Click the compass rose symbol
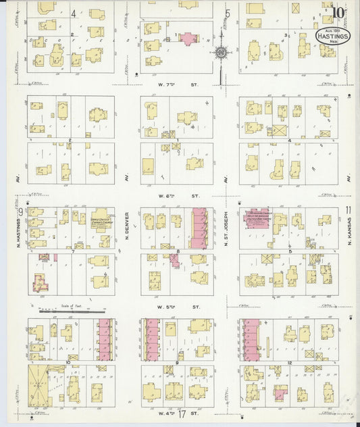point(221,51)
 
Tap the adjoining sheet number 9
point(21,211)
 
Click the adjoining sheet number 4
point(74,12)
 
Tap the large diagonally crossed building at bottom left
point(42,384)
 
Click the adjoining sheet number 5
point(228,13)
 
